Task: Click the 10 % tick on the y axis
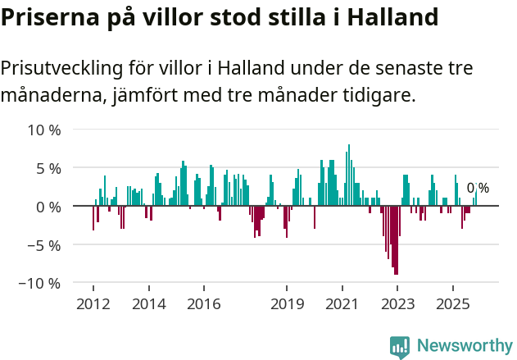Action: [43, 130]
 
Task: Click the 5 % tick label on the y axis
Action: [47, 168]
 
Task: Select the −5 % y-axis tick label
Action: [43, 244]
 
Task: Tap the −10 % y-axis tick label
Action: [41, 283]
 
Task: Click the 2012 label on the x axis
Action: [93, 304]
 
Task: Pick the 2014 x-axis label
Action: [148, 304]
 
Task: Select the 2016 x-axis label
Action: [203, 304]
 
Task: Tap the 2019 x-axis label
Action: [287, 304]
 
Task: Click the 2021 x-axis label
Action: [342, 304]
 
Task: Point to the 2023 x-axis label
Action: [397, 304]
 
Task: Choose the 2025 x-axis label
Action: [453, 304]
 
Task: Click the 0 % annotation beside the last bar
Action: [478, 189]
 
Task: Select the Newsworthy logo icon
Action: [400, 346]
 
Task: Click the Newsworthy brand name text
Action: [465, 346]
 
